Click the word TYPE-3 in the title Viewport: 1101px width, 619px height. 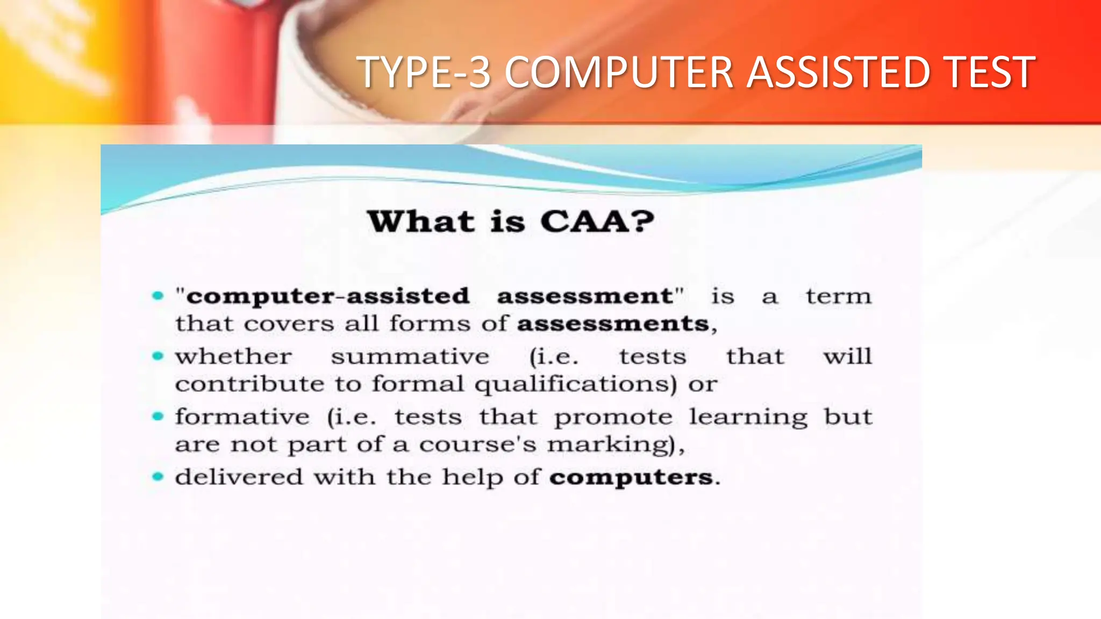pos(424,72)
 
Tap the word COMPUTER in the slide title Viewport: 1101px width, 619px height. pos(619,72)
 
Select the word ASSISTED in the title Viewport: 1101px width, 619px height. pos(839,72)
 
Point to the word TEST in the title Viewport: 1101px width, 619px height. pos(990,72)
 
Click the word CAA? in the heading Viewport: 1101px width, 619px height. pos(597,221)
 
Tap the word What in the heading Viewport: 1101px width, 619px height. pos(421,221)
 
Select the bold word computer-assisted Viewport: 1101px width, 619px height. pos(328,296)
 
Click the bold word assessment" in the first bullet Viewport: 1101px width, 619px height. pos(590,296)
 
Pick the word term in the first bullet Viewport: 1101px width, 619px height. pos(838,296)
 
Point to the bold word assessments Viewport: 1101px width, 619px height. pos(613,324)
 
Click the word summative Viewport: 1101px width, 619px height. pos(410,357)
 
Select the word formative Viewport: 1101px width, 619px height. pos(242,417)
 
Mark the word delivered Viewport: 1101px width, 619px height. pos(239,477)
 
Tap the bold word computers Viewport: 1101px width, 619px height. pos(631,478)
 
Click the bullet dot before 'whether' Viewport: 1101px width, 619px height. pos(158,356)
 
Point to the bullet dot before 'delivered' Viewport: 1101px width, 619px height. pos(158,477)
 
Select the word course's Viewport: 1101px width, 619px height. pos(477,445)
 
